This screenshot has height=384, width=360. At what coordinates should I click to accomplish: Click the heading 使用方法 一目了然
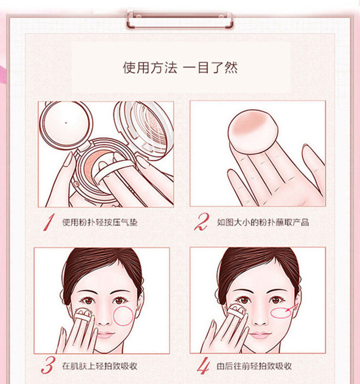(x=181, y=67)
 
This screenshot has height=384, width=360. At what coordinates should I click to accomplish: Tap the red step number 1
(x=48, y=222)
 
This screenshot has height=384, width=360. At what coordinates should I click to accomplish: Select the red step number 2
(x=202, y=222)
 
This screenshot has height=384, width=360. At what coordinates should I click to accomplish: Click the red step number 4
(x=203, y=365)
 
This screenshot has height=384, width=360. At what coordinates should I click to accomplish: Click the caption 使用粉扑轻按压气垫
(x=100, y=223)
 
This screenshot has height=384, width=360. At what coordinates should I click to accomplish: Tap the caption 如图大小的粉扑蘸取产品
(x=263, y=223)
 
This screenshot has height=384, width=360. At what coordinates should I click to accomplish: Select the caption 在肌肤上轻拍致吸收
(x=100, y=366)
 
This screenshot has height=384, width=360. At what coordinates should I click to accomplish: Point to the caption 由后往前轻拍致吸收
(x=254, y=366)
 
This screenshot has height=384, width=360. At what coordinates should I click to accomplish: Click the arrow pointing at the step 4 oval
(x=292, y=308)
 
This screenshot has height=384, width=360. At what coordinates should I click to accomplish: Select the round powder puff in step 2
(x=253, y=132)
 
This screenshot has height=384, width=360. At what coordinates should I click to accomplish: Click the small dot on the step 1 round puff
(x=66, y=123)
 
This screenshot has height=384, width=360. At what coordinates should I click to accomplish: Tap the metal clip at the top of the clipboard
(x=179, y=19)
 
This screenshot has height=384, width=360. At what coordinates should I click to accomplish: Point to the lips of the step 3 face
(x=105, y=335)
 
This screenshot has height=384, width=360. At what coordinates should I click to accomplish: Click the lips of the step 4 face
(x=261, y=335)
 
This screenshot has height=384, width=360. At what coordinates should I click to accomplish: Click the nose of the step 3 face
(x=103, y=318)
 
